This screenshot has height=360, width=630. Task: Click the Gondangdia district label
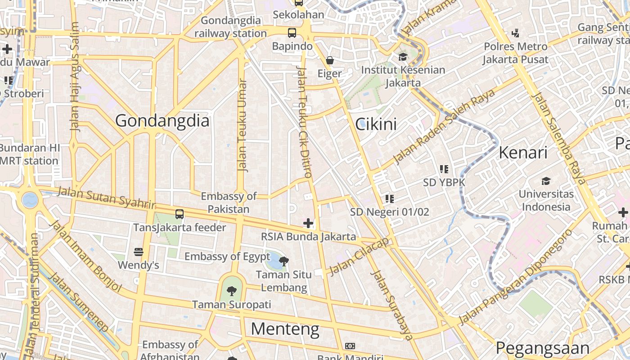tap(162, 121)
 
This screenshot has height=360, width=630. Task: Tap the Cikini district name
tap(376, 124)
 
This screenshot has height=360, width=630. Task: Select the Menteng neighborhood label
tap(285, 329)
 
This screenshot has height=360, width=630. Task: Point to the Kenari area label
tap(523, 153)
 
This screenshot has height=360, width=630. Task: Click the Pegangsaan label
tap(542, 348)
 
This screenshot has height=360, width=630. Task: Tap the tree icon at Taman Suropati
tap(231, 291)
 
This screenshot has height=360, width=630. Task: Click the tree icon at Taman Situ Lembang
tap(283, 261)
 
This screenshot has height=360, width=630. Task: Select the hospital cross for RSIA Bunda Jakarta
tap(308, 223)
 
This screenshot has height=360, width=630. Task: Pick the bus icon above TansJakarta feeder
tap(180, 214)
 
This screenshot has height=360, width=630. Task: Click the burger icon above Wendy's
tap(138, 252)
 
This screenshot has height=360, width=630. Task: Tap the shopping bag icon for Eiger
tap(330, 60)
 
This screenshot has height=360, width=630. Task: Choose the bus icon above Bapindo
tap(292, 32)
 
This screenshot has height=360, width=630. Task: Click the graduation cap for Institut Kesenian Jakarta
tap(403, 57)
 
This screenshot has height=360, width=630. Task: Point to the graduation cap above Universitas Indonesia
tap(546, 181)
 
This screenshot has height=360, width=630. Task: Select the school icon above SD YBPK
tap(444, 169)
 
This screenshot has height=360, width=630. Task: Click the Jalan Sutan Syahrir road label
tap(106, 198)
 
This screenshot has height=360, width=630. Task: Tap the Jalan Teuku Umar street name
tap(243, 126)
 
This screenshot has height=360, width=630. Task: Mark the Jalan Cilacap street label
tap(359, 256)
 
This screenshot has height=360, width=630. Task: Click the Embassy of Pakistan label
tap(229, 202)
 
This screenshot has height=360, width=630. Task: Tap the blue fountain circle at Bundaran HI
tap(30, 199)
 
